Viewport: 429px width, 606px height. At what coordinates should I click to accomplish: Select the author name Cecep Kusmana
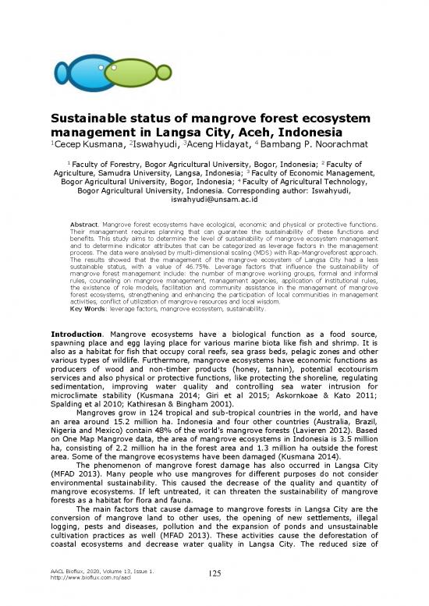point(86,144)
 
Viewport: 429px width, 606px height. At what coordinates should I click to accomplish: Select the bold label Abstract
point(83,225)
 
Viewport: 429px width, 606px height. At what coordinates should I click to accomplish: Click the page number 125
point(214,575)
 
